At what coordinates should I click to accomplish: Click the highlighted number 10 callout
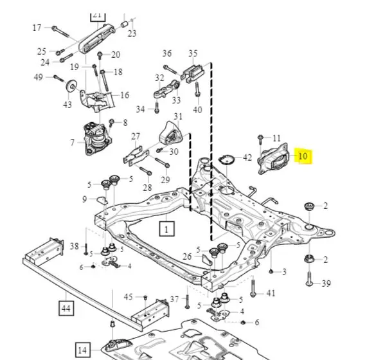[303, 156]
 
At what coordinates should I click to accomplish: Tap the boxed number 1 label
[166, 229]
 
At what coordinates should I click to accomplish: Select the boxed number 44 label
[66, 308]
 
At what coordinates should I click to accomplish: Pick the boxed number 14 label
[82, 350]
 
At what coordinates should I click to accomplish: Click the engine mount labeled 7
[97, 138]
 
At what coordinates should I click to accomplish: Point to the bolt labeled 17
[60, 32]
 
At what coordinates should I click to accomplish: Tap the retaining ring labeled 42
[226, 159]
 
